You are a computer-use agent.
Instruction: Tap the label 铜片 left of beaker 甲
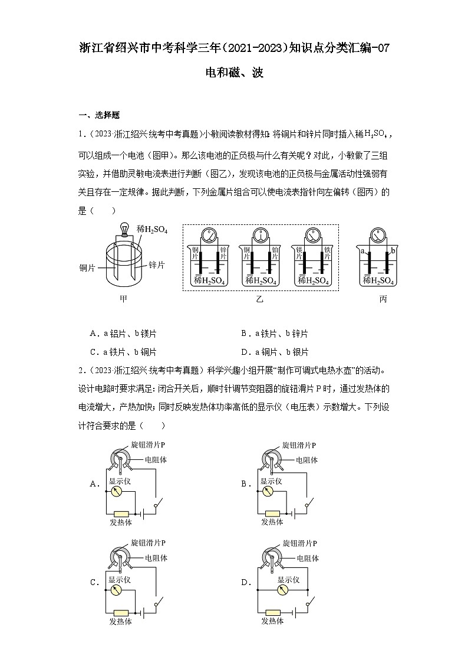[88, 267]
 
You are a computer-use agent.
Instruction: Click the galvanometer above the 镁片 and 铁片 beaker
[311, 236]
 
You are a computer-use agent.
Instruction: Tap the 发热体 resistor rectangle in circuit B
[272, 513]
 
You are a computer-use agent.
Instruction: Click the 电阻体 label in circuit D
[308, 558]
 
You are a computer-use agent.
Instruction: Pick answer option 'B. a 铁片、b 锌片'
[274, 334]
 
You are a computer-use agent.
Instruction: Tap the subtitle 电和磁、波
[234, 73]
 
